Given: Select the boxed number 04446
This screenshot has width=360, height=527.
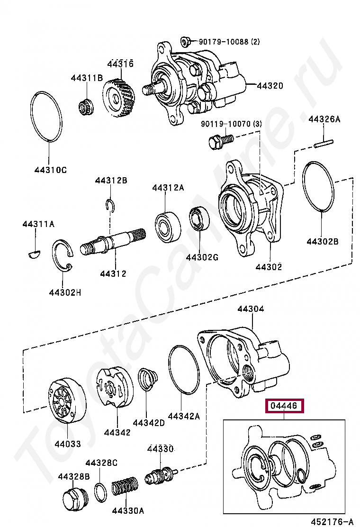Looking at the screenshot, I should pyautogui.click(x=284, y=406).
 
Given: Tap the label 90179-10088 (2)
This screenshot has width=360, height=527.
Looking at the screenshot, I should pyautogui.click(x=229, y=42).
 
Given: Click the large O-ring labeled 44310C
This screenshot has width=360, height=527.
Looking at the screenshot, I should pyautogui.click(x=47, y=116).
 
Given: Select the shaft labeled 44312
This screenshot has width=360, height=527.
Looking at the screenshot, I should pyautogui.click(x=113, y=242).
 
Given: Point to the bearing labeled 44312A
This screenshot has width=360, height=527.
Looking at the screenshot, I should pyautogui.click(x=168, y=225).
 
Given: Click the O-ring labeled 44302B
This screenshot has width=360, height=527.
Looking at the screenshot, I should pyautogui.click(x=319, y=187).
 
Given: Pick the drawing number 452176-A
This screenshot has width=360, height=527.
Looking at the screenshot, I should pyautogui.click(x=332, y=522).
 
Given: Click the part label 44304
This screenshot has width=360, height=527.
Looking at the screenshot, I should pyautogui.click(x=251, y=309).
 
